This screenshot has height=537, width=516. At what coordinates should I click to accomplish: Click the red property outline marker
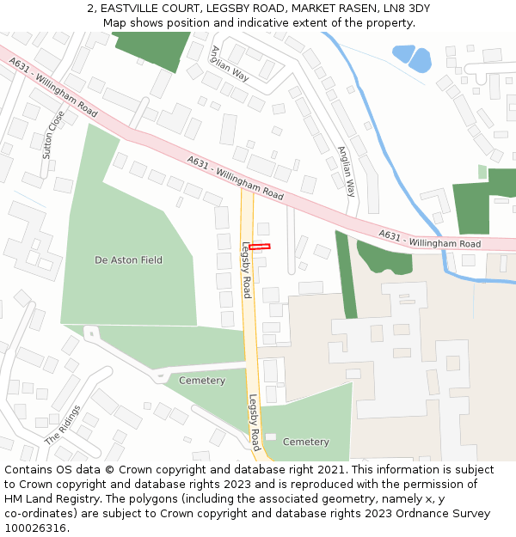260,247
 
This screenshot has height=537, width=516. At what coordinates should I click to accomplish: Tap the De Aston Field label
128,259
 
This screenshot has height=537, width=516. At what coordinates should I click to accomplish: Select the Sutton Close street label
53,135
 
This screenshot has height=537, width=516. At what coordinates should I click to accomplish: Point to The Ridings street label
64,424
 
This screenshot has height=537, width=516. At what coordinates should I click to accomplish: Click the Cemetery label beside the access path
202,381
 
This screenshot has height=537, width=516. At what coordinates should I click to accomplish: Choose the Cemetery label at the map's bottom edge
306,442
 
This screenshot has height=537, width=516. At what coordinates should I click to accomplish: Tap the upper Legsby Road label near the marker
246,270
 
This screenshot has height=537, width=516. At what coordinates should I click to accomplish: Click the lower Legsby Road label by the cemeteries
255,422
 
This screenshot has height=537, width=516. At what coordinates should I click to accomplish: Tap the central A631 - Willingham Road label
236,178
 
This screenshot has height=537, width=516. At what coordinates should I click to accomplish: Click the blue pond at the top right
413,58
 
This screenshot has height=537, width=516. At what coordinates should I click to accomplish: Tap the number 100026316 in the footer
35,528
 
